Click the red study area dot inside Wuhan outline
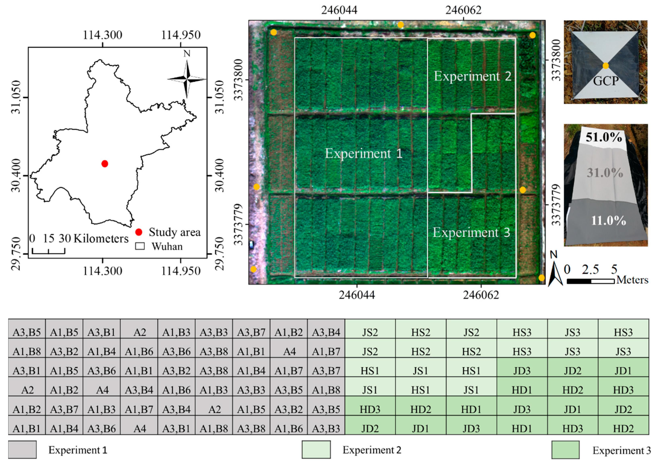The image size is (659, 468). coord(105,164)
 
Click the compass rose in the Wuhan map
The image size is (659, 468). coord(187,78)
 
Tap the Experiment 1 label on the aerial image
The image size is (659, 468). coord(364,153)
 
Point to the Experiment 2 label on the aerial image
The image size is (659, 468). coord(472,76)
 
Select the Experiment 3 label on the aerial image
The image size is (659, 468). coord(471,232)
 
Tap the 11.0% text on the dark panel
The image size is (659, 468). coord(608,221)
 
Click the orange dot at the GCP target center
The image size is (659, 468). coord(605,66)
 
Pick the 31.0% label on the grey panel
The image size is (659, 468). coord(605,173)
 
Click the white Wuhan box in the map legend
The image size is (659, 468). coord(140,246)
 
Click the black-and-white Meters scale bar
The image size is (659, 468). coord(591,281)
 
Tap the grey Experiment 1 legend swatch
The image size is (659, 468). coord(22,449)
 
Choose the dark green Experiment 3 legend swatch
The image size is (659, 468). coord(565,449)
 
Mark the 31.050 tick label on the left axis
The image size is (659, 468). coord(17,97)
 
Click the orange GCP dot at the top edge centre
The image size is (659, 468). coord(400,25)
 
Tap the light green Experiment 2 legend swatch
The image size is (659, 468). coord(316,449)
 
